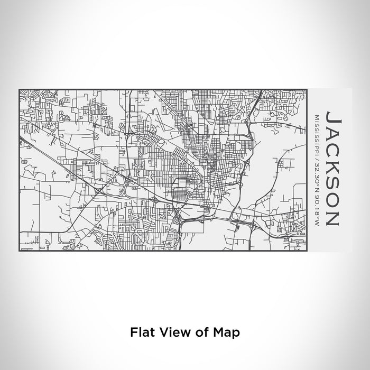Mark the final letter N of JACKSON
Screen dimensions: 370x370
[x=334, y=217]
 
